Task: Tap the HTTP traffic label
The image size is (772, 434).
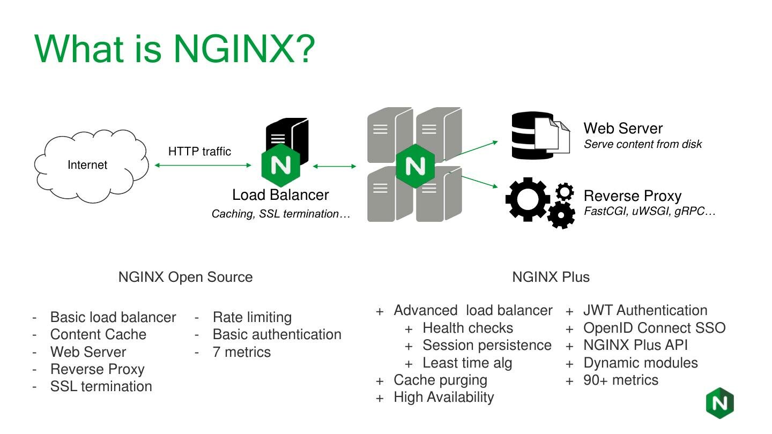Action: coord(199,151)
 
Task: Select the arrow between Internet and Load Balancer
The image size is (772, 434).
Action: coord(202,166)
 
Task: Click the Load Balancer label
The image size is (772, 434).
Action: coord(280,195)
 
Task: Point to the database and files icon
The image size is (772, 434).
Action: coord(540,136)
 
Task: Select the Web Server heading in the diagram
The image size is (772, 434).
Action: coord(623,129)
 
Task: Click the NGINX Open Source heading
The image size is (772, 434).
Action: coord(185,277)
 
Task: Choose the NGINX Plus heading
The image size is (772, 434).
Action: coord(551,277)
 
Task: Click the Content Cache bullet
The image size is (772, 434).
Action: coord(98,334)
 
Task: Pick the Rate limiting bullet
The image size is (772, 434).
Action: coord(252,317)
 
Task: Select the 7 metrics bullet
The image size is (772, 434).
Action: coord(242,352)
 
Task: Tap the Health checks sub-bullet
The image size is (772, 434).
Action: coord(467,328)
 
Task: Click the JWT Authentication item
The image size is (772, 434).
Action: coord(645,310)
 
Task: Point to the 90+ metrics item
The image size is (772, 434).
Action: coord(620,380)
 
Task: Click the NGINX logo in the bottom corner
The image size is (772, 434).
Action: coord(719,402)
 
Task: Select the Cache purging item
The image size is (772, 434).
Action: coord(440,380)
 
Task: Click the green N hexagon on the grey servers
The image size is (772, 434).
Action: coord(415,166)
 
